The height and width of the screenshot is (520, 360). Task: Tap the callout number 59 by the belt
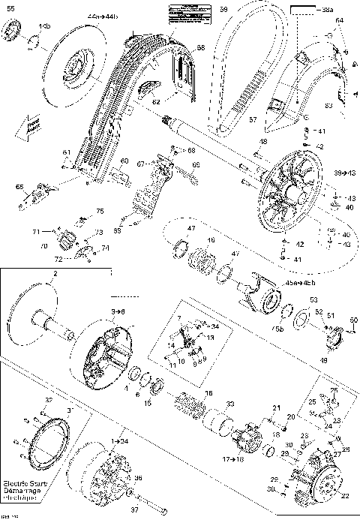pyautogui.click(x=223, y=8)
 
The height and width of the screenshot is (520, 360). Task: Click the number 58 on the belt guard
pyautogui.click(x=200, y=48)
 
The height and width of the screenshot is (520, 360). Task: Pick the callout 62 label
pyautogui.click(x=156, y=100)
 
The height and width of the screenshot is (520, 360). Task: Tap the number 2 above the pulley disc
pyautogui.click(x=55, y=275)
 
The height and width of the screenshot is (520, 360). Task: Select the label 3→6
pyautogui.click(x=118, y=309)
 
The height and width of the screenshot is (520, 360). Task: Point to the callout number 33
pyautogui.click(x=229, y=404)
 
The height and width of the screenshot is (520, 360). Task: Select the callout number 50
pyautogui.click(x=353, y=321)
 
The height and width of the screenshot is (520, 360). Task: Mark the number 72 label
pyautogui.click(x=58, y=259)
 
